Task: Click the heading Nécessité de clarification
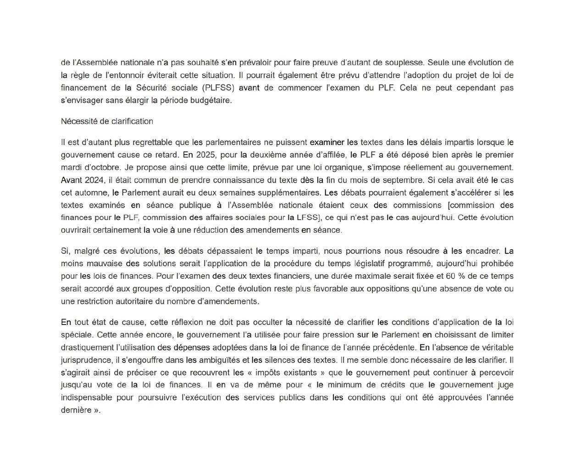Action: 107,121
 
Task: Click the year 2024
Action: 94,180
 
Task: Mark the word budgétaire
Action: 211,101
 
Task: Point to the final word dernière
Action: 76,410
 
